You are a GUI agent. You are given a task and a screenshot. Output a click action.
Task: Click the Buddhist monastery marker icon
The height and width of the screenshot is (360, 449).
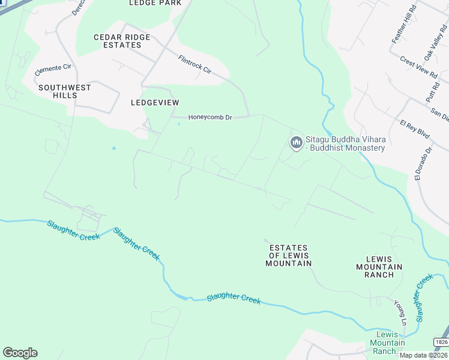pos(295,142)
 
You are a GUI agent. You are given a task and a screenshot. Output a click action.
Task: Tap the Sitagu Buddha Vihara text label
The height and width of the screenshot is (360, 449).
pos(345,143)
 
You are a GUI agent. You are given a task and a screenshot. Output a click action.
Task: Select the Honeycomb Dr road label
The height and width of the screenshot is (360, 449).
pos(210,118)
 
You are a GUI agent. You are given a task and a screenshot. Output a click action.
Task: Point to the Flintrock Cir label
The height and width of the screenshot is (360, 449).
pos(195,65)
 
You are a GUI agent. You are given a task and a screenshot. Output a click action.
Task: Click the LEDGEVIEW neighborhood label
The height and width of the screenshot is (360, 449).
pos(155,103)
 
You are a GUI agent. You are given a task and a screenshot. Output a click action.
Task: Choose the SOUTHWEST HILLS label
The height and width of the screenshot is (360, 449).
pos(65,91)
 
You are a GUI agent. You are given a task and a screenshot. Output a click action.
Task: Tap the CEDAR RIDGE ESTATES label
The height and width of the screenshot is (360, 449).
pos(122,41)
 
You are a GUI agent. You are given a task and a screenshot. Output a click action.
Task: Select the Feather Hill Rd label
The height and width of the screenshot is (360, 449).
pos(404,24)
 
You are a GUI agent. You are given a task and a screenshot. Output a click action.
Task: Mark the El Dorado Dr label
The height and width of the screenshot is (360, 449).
pos(422,164)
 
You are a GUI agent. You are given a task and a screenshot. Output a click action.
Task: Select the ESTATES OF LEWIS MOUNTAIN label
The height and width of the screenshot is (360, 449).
pos(289,255)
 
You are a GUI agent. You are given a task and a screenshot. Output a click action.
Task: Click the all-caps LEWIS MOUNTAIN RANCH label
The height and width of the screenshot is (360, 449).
pos(379,266)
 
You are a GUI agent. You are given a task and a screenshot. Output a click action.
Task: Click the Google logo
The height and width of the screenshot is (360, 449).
pos(20,353)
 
